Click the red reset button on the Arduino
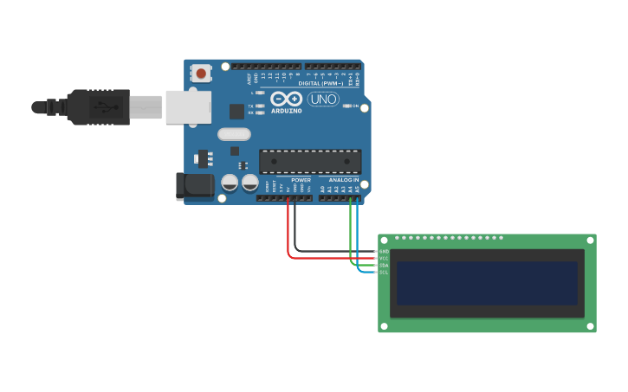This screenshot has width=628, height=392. click(x=202, y=74)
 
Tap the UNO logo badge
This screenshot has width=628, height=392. click(x=323, y=99)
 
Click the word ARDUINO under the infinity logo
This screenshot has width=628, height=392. click(x=287, y=111)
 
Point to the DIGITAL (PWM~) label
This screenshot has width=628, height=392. click(x=320, y=83)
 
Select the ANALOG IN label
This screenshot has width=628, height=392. click(x=344, y=180)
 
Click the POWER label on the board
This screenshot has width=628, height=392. click(x=301, y=180)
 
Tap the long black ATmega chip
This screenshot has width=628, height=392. click(x=310, y=161)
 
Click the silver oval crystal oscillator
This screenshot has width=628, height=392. click(x=234, y=134)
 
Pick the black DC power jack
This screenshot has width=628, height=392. click(x=195, y=185)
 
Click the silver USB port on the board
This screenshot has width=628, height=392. click(x=188, y=106)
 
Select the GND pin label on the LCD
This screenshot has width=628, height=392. click(x=384, y=251)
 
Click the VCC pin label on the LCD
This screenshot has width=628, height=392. click(x=384, y=258)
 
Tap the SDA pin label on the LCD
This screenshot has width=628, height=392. click(x=384, y=265)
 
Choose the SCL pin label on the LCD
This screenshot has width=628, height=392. click(x=384, y=272)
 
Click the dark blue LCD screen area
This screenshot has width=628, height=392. click(x=487, y=283)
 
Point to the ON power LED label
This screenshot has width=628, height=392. click(x=355, y=106)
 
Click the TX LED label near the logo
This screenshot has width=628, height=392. click(x=251, y=106)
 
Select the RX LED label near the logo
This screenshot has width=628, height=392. click(x=251, y=112)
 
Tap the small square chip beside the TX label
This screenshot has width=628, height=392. click(x=236, y=111)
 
